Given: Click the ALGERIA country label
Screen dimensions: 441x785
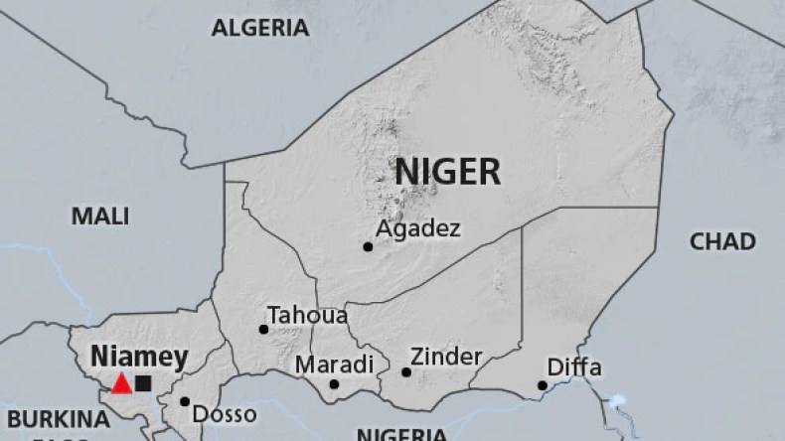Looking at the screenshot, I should click(259, 28).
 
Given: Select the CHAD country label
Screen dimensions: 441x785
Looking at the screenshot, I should click(722, 241).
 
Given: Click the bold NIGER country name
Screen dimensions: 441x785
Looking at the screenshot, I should click(447, 171).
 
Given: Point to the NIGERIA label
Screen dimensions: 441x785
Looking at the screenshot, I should click(401, 434).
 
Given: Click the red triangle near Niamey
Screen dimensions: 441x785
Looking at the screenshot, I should click(121, 383).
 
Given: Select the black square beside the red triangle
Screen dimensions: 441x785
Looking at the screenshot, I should click(144, 383).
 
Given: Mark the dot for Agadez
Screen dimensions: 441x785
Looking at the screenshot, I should click(368, 246).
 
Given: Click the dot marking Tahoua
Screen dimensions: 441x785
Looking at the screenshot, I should click(263, 329).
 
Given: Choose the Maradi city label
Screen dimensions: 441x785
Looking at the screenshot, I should click(334, 363).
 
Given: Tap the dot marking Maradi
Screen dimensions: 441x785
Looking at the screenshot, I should click(334, 384).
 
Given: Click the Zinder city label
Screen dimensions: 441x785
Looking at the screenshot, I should click(446, 356).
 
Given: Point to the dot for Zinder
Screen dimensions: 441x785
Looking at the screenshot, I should click(406, 372).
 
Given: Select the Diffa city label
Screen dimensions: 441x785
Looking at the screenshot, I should click(573, 367).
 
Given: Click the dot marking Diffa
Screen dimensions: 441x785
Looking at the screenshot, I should click(543, 385).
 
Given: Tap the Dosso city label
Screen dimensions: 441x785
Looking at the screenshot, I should click(224, 414).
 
